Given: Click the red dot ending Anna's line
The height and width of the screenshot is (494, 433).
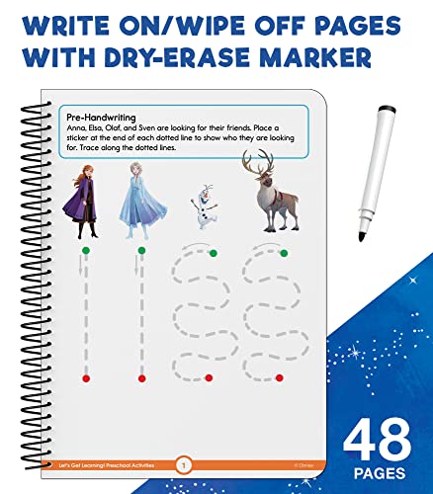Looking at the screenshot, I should [86, 378].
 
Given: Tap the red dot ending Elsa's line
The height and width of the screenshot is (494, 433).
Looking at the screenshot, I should [142, 378].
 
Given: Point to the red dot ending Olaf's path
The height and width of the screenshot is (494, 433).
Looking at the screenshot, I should [209, 378].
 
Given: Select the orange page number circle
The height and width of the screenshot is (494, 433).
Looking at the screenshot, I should [181, 463].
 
